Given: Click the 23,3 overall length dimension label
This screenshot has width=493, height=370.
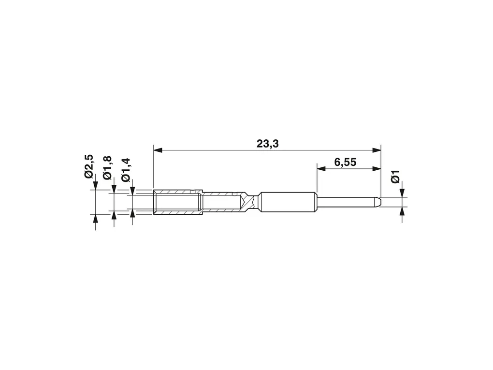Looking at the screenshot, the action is click(268, 144).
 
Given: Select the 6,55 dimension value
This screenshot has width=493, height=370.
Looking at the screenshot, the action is click(345, 163).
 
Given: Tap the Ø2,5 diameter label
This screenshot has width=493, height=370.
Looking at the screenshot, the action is click(89, 166).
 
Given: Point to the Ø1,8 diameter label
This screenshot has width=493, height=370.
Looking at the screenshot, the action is click(107, 168).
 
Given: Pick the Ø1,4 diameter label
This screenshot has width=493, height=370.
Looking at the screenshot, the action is click(126, 170).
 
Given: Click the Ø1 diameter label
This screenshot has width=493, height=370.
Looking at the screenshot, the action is click(395, 177).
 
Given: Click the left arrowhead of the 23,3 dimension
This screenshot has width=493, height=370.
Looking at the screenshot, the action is click(158, 150).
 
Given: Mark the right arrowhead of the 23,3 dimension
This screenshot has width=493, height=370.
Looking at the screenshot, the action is click(377, 150).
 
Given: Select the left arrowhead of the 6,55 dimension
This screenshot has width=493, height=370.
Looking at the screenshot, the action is click(321, 169).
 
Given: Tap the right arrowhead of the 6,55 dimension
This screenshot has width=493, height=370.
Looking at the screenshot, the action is click(377, 169).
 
